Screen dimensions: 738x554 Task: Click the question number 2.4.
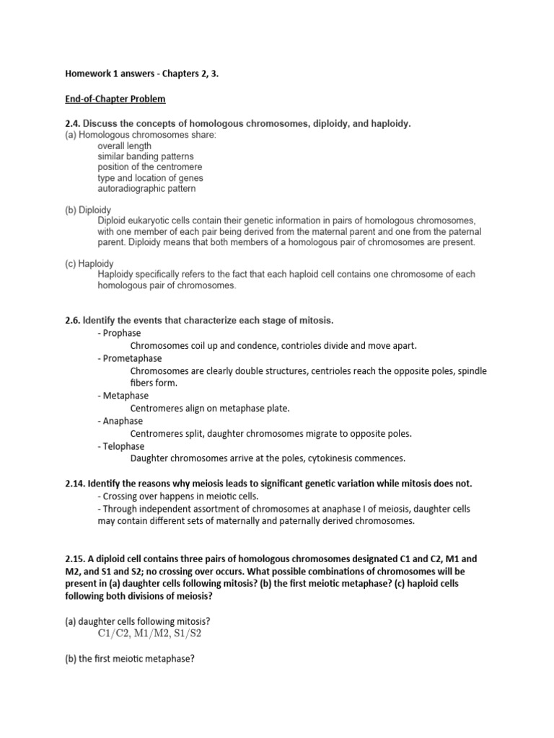(x=74, y=124)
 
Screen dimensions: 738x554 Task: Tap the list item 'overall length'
(x=124, y=146)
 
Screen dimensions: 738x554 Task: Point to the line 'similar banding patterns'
(x=145, y=156)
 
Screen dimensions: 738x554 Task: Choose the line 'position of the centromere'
(x=149, y=167)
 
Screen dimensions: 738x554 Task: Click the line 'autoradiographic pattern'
(x=146, y=189)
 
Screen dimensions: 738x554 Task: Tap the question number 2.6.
(x=74, y=319)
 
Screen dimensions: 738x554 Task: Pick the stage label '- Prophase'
(x=118, y=333)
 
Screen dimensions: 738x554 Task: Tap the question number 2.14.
(x=76, y=483)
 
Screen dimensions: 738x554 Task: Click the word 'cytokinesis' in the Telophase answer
(x=318, y=458)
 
